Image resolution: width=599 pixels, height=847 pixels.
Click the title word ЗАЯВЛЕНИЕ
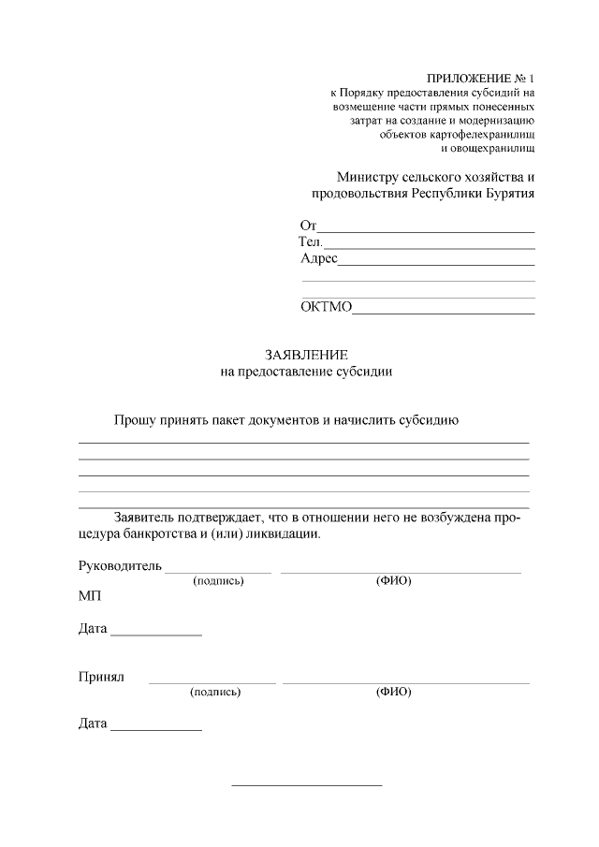(306, 355)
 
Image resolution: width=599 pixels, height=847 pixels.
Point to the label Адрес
(318, 258)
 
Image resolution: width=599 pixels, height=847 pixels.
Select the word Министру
(368, 177)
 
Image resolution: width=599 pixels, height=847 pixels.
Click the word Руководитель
(120, 565)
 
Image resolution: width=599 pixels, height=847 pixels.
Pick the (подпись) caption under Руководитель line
(218, 581)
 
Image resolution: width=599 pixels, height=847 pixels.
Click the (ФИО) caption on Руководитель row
(394, 581)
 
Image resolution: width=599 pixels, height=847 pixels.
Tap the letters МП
(90, 596)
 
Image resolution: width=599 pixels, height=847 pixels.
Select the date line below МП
(155, 635)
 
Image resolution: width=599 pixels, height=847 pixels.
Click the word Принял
(101, 677)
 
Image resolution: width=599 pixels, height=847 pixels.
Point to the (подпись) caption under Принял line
(215, 693)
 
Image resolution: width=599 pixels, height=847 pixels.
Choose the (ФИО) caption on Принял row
(394, 693)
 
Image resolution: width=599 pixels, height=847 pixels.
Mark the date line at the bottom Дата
(155, 730)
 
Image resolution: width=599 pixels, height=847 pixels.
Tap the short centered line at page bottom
(306, 784)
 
